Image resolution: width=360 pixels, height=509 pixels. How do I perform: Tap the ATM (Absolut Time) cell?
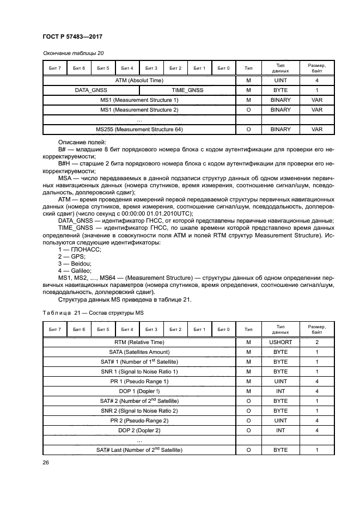pyautogui.click(x=139, y=80)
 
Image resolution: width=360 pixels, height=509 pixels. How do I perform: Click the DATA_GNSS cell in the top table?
pyautogui.click(x=91, y=90)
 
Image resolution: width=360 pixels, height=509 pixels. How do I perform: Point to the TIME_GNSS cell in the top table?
pyautogui.click(x=187, y=90)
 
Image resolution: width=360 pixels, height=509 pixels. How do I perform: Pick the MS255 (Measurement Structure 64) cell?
pyautogui.click(x=139, y=130)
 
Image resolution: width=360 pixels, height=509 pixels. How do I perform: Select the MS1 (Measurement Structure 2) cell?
pyautogui.click(x=139, y=110)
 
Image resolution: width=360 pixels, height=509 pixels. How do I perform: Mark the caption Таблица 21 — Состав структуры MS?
pyautogui.click(x=93, y=312)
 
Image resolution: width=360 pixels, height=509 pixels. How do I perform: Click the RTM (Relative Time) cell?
pyautogui.click(x=139, y=342)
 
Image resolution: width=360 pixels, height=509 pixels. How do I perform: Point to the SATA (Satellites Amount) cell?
pyautogui.click(x=139, y=352)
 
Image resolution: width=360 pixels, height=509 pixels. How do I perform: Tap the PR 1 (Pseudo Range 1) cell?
pyautogui.click(x=139, y=382)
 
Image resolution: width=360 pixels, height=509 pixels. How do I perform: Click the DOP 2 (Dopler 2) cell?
pyautogui.click(x=139, y=431)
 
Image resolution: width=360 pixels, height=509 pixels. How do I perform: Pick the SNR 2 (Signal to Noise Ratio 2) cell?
pyautogui.click(x=139, y=411)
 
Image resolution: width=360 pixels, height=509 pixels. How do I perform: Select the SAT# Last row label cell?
pyautogui.click(x=139, y=450)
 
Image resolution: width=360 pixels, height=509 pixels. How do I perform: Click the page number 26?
pyautogui.click(x=46, y=463)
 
